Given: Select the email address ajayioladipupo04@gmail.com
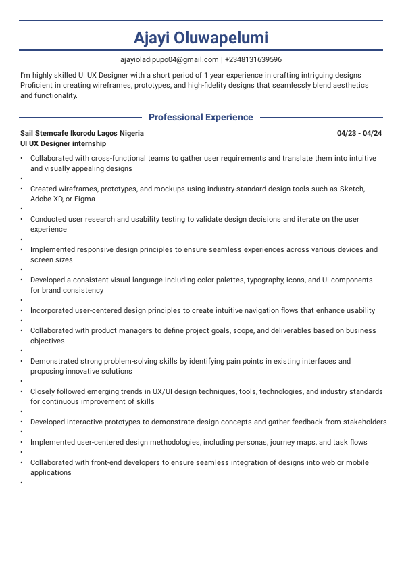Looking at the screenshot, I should pyautogui.click(x=170, y=59).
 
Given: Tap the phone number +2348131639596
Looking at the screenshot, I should pyautogui.click(x=253, y=59).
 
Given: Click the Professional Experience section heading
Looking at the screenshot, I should pyautogui.click(x=201, y=117).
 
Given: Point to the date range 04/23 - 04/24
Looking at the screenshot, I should pyautogui.click(x=359, y=134).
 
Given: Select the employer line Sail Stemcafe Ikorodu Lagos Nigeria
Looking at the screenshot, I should pyautogui.click(x=82, y=134).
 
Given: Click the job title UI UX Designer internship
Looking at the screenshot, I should pyautogui.click(x=63, y=143).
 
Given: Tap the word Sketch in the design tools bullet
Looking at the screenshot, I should pyautogui.click(x=351, y=189).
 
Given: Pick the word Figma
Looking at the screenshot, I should pyautogui.click(x=84, y=199).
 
